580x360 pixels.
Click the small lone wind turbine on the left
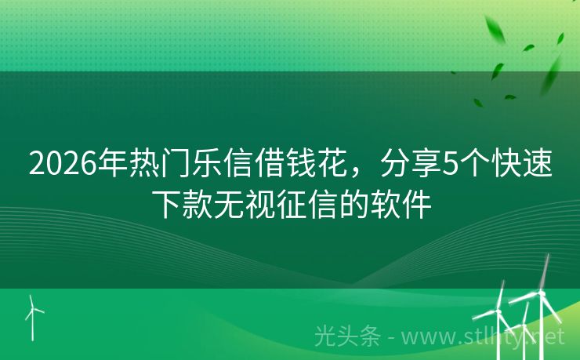tap(32, 314)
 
